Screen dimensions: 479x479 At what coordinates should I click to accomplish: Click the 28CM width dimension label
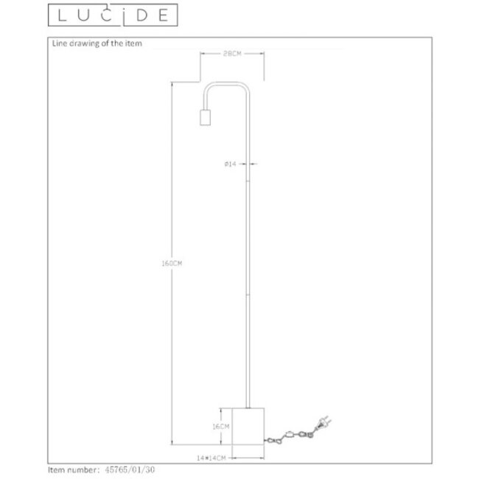[232, 53]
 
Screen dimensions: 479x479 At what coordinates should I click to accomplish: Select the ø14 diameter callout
[229, 164]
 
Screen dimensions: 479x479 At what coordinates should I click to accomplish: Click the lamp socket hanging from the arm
[206, 119]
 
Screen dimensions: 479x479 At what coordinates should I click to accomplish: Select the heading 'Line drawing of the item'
[96, 43]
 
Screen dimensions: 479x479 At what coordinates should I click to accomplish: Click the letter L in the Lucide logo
[57, 14]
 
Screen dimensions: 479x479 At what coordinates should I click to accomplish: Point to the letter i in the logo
[124, 14]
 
